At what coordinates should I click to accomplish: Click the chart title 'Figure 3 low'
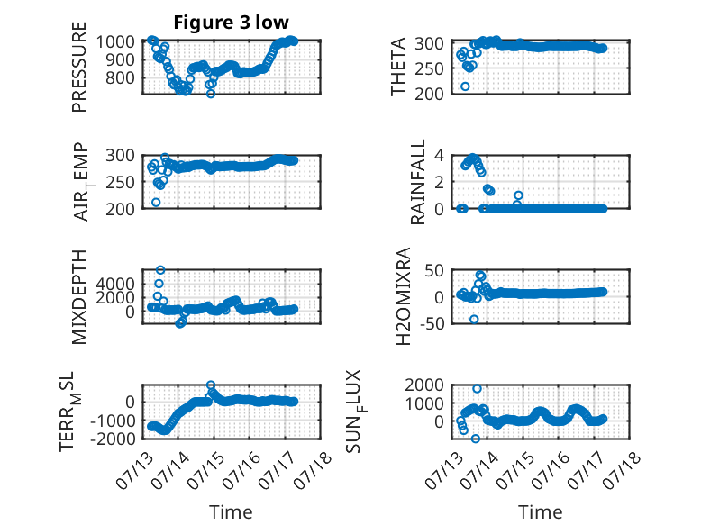[232, 23]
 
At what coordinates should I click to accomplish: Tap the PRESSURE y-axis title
[78, 67]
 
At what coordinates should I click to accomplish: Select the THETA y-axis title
[397, 67]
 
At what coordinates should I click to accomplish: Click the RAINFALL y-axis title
[417, 182]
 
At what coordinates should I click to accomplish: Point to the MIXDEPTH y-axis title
[78, 296]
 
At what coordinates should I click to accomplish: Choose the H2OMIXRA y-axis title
[404, 296]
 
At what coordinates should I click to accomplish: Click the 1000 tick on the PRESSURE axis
[115, 41]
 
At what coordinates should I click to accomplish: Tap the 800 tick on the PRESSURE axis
[120, 77]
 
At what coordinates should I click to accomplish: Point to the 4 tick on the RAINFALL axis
[439, 156]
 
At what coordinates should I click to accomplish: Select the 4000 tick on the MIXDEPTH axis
[115, 284]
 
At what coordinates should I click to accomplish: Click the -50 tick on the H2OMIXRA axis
[432, 323]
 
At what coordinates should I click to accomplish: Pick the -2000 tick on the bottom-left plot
[113, 439]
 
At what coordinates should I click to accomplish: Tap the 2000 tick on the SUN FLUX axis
[424, 385]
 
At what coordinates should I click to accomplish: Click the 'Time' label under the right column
[540, 512]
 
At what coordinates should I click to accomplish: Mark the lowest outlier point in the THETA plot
[466, 86]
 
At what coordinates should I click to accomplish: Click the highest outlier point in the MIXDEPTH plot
[160, 270]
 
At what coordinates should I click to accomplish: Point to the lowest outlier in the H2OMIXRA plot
[474, 319]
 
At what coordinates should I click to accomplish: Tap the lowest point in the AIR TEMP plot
[156, 203]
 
